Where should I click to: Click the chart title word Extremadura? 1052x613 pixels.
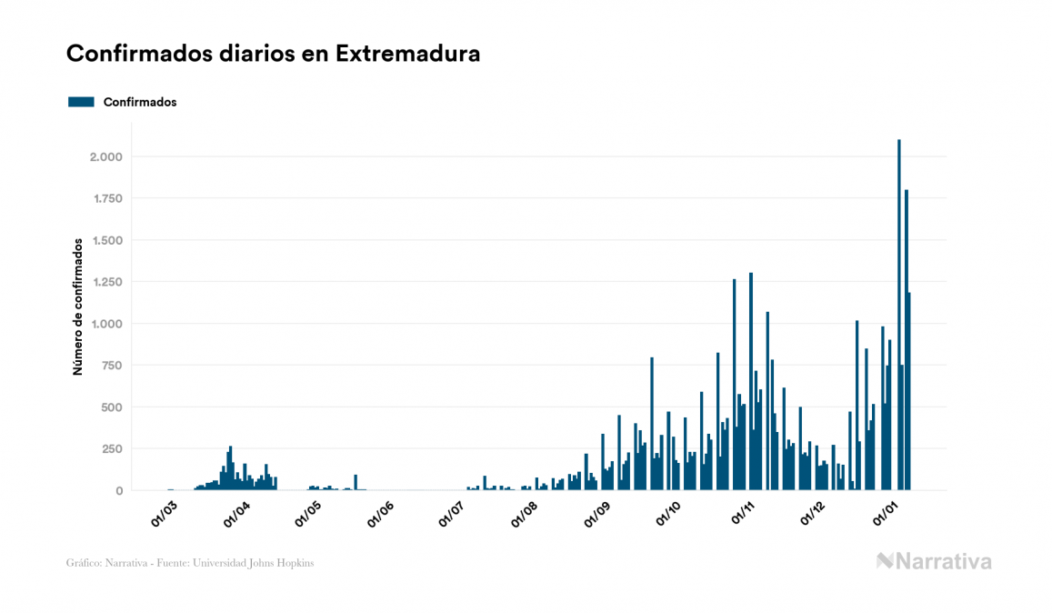pyautogui.click(x=407, y=54)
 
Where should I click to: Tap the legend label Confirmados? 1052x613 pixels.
pyautogui.click(x=140, y=102)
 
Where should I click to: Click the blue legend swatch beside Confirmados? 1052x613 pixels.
pyautogui.click(x=81, y=102)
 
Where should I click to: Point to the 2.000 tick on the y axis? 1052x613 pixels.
pyautogui.click(x=105, y=157)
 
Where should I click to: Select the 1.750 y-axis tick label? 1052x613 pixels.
pyautogui.click(x=107, y=199)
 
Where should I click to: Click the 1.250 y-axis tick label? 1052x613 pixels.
pyautogui.click(x=107, y=282)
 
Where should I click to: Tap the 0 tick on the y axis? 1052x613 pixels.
pyautogui.click(x=119, y=491)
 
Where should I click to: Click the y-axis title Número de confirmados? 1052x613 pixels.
pyautogui.click(x=79, y=306)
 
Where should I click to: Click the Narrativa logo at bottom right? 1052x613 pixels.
pyautogui.click(x=934, y=561)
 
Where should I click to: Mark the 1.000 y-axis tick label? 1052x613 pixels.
pyautogui.click(x=107, y=324)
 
